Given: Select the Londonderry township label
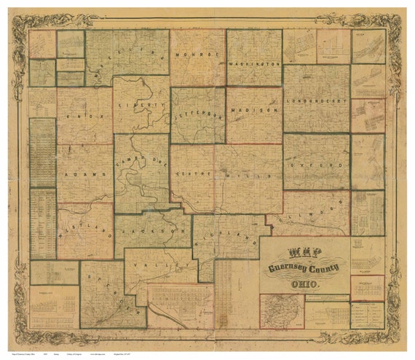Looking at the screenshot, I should [316, 101].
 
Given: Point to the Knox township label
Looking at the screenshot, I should [86, 116].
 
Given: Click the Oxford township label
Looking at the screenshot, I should [316, 166].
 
